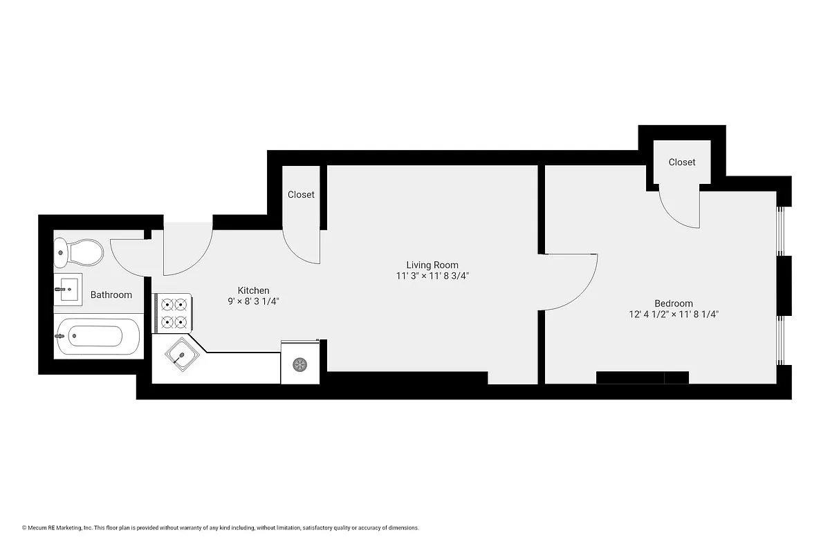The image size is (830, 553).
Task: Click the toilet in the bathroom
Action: click(79, 252)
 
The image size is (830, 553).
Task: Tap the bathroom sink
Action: click(68, 290)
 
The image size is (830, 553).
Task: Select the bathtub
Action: click(90, 336)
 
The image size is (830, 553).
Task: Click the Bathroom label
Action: click(111, 295)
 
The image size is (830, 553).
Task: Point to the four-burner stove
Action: click(174, 312)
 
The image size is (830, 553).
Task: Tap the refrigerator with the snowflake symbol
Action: click(299, 363)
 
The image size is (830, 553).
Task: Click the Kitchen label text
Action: click(253, 290)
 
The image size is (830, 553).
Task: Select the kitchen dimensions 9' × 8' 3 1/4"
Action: click(253, 301)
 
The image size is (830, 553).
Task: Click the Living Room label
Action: click(432, 265)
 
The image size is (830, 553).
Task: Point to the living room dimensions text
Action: click(432, 276)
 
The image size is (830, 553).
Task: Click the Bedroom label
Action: click(673, 303)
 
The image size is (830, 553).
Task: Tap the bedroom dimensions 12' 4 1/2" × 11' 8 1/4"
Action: click(673, 315)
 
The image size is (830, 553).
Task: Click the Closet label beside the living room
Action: click(301, 195)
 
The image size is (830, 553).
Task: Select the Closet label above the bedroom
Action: click(681, 162)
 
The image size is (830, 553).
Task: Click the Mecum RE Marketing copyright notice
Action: click(221, 528)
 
